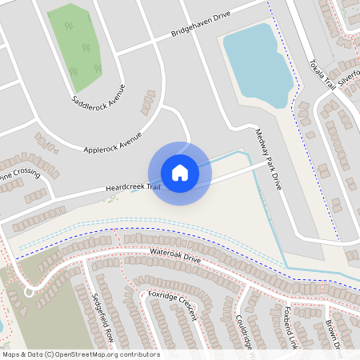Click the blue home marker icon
pos(179,173)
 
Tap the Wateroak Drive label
pos(175,258)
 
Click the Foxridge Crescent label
pos(173,305)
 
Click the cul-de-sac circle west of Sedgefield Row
pos(30,293)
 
